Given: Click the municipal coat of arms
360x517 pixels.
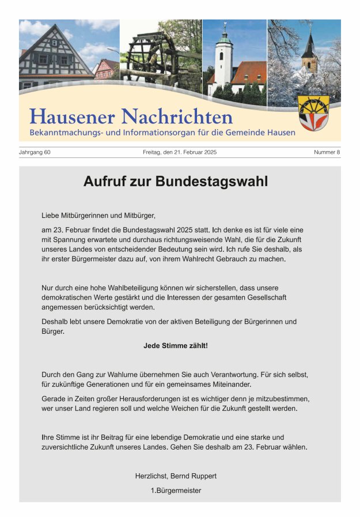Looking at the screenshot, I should click(314, 113).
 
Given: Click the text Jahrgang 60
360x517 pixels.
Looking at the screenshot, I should click(35, 152).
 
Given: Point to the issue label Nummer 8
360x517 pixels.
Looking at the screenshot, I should click(327, 152).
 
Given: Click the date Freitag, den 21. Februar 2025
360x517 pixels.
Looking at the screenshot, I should click(180, 152).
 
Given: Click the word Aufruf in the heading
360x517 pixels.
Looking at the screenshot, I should click(103, 182).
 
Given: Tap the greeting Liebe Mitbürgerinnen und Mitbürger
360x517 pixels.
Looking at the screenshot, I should click(98, 215).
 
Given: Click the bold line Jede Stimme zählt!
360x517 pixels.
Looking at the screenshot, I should click(176, 346).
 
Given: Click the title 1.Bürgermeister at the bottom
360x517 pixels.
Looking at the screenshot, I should click(176, 490).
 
